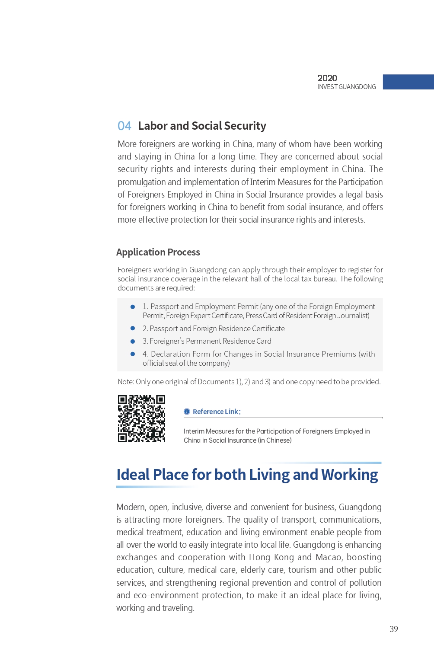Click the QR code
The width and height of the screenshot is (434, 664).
tap(141, 418)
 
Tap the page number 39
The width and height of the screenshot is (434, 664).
tap(393, 629)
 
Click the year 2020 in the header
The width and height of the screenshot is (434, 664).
tap(327, 78)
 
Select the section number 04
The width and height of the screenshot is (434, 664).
tap(124, 126)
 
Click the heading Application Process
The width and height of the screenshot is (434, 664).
tap(158, 252)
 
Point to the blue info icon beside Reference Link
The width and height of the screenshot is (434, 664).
tap(187, 412)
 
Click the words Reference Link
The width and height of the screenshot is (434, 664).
tap(216, 412)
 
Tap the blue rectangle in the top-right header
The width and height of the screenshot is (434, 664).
tap(408, 82)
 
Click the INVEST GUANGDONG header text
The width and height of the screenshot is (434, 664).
tap(347, 87)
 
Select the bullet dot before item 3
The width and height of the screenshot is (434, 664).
tap(133, 342)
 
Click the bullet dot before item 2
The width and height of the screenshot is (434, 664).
tap(133, 329)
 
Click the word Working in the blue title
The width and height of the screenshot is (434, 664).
tap(349, 475)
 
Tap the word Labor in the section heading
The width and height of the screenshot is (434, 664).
tap(152, 126)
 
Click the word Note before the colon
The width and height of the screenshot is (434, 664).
tap(125, 382)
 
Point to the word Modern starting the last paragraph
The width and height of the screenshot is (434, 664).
tap(130, 507)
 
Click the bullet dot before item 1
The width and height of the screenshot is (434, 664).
tap(133, 307)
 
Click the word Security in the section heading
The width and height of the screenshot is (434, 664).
tap(245, 126)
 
